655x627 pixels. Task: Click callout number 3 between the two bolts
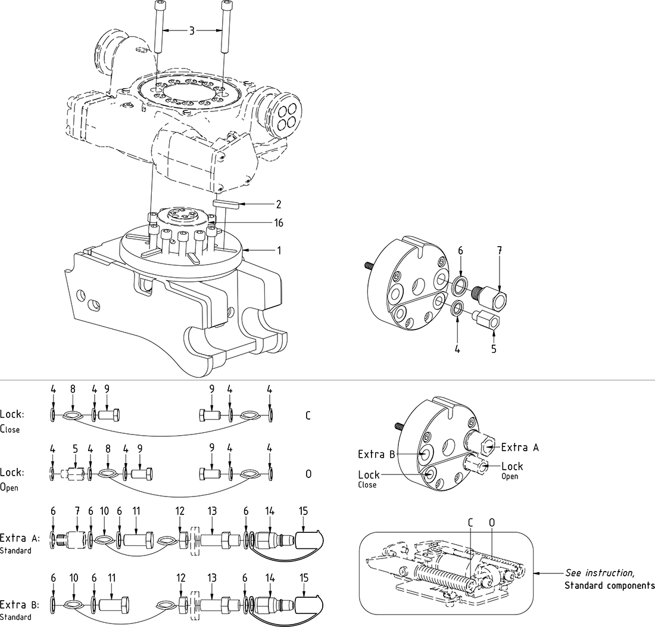coord(191,30)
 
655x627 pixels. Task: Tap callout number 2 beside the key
coord(278,204)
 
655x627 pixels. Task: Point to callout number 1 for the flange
coord(278,250)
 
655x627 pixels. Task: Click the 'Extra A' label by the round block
coord(519,448)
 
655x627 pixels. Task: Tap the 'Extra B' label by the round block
coord(376,454)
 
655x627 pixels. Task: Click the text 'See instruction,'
coord(599,573)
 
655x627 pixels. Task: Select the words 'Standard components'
coord(609,585)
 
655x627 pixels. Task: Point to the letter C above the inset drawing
coord(470,523)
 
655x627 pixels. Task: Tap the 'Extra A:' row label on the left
coord(20,538)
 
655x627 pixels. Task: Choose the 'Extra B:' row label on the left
coord(20,604)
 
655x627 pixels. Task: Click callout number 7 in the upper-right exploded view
coord(500,250)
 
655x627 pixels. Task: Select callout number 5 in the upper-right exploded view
coord(494,349)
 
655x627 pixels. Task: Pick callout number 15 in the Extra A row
coord(304,511)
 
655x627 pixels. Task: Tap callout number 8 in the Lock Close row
coord(73,389)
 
